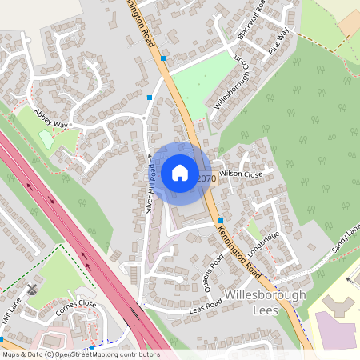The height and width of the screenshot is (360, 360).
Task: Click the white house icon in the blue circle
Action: coord(180,172)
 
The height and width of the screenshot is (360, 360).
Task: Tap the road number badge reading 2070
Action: coord(206,178)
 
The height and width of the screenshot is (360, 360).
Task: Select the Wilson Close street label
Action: coord(241,174)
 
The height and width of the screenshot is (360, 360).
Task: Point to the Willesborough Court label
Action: coord(231,85)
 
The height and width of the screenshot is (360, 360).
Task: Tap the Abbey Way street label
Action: coord(51,120)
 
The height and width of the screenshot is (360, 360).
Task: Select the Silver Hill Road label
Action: coord(149,188)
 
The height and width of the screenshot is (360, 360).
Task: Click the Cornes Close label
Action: coord(76,305)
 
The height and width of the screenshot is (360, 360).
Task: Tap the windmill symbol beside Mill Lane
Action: coord(31,288)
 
